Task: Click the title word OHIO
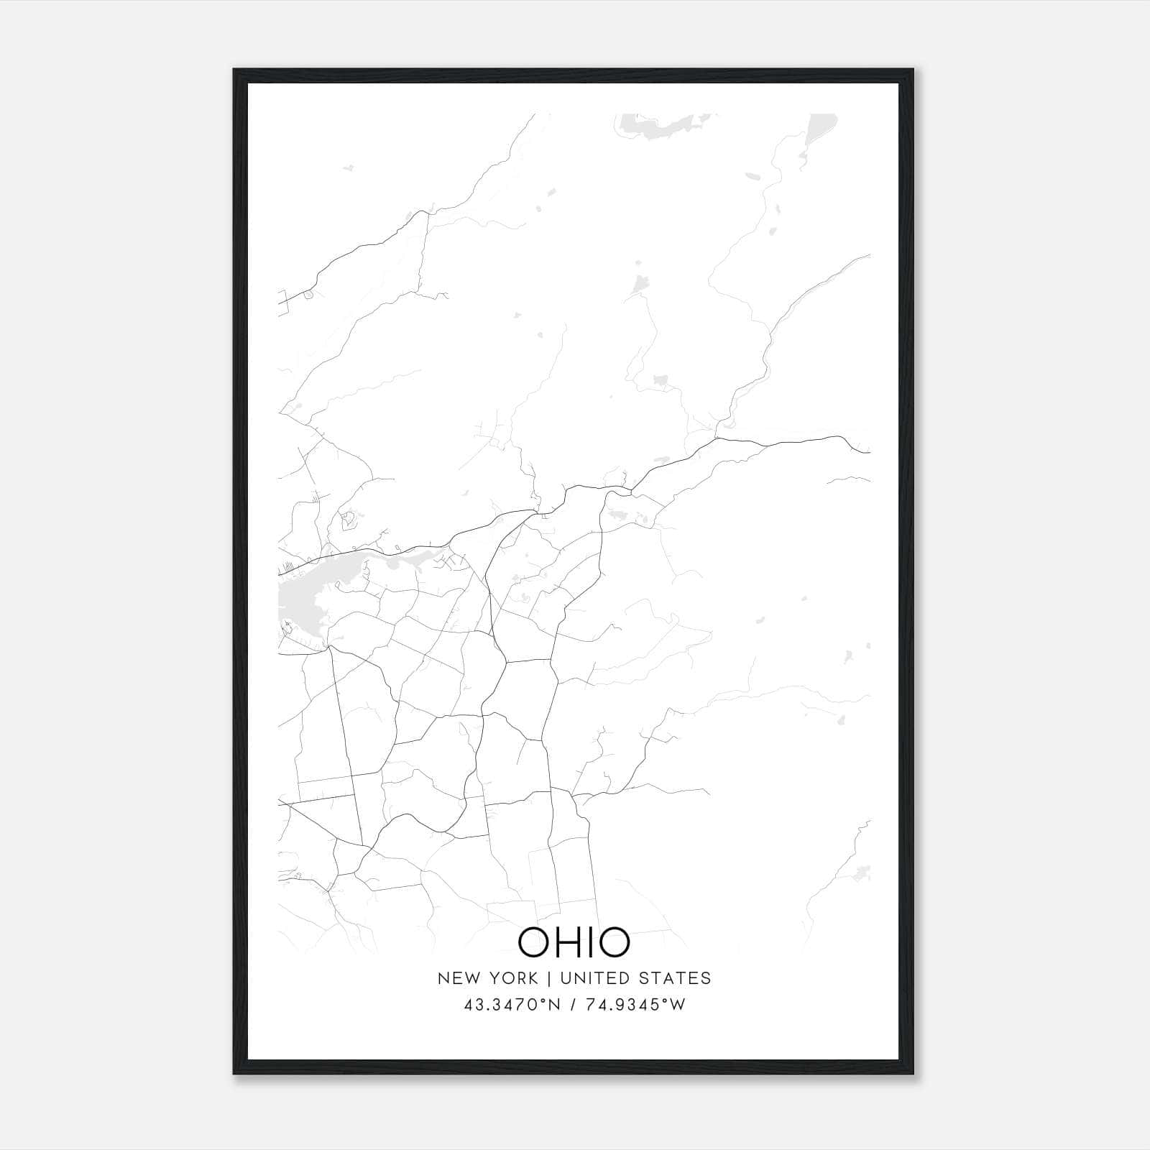[x=574, y=942]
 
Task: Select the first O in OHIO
[x=535, y=942]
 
